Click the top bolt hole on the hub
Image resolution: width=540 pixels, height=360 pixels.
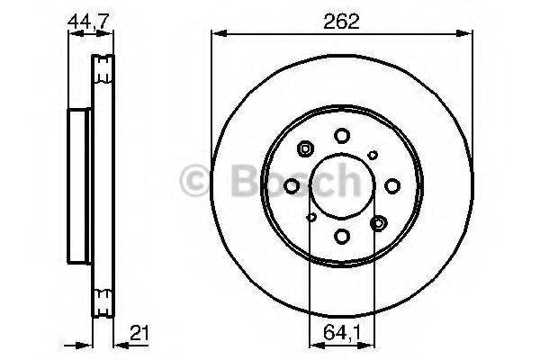point(342,135)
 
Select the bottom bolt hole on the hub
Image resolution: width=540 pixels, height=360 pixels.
point(342,236)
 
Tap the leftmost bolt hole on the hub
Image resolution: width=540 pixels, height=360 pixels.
point(292,185)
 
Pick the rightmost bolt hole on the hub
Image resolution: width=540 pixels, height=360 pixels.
point(392,185)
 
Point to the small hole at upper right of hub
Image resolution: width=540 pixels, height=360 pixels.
point(373,155)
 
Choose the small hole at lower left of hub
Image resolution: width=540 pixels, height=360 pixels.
point(311,216)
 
